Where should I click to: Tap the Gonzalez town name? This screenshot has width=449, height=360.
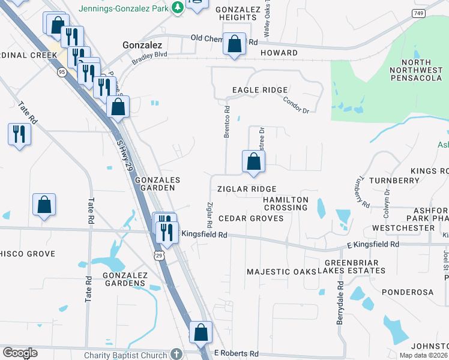142,45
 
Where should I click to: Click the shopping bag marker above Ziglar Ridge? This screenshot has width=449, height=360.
253,161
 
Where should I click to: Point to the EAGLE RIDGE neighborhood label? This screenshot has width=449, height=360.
260,90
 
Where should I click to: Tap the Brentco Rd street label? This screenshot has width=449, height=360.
227,122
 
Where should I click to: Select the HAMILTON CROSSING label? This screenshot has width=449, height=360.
286,203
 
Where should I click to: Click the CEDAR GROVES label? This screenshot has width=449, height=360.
251,218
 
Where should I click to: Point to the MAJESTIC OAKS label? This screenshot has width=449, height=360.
281,272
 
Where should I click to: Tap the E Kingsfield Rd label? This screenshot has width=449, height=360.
372,245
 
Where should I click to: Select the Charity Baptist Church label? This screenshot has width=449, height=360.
125,354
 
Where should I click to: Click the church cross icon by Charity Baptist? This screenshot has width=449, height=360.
175,354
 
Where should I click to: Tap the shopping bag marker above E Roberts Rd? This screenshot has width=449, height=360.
200,332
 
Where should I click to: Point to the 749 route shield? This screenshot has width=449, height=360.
418,13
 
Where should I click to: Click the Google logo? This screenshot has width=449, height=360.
20,353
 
